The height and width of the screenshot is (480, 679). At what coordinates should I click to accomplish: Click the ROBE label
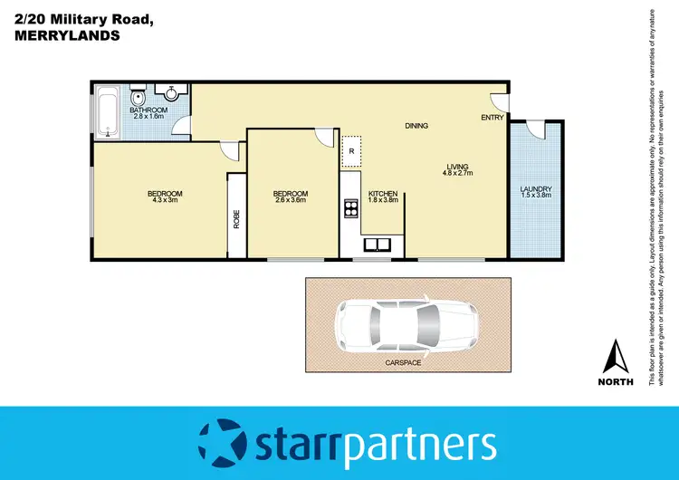click(x=236, y=219)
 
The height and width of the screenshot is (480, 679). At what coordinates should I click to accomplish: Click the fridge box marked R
click(x=350, y=152)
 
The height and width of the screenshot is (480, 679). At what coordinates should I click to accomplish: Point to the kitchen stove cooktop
click(x=349, y=209)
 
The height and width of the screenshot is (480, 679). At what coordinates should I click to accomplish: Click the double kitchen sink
click(x=378, y=245)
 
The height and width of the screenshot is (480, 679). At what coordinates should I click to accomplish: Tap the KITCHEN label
click(x=382, y=194)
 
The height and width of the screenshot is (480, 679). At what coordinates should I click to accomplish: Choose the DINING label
click(x=416, y=126)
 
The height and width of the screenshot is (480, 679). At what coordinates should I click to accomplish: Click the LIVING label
click(x=456, y=165)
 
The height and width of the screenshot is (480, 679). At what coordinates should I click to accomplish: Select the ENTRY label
click(x=492, y=118)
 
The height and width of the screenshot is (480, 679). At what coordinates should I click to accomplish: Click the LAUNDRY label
click(x=535, y=189)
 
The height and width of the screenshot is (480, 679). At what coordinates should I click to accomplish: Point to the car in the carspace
click(x=406, y=325)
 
